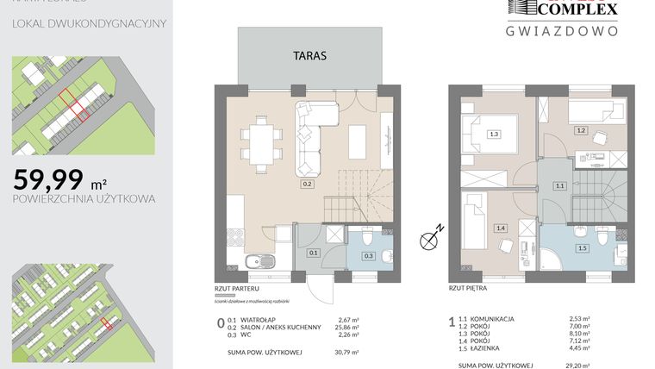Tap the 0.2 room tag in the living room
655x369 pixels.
pos(306,184)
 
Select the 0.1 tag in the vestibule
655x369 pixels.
pos(314,253)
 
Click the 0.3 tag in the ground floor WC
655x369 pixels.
pos(368,256)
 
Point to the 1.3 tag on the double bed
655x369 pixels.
pos(494,134)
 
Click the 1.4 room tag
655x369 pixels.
pos(501,228)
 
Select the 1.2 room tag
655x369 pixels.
pos(582,130)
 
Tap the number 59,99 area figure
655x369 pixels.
pos(48,179)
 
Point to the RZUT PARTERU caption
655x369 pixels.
pos(239,291)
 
